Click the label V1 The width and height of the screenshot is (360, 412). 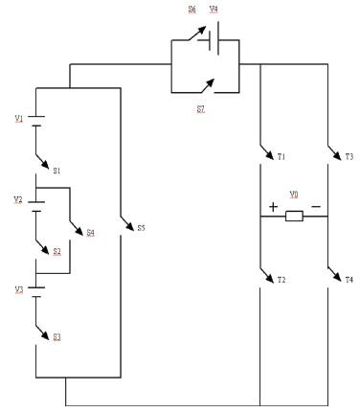click(19, 118)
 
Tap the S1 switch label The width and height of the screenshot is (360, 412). click(56, 171)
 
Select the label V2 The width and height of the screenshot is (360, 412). click(18, 199)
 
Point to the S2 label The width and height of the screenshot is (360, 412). click(56, 251)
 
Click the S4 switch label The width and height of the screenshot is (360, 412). click(90, 232)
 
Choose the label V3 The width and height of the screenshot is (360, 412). click(18, 288)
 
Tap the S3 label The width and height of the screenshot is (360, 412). click(56, 336)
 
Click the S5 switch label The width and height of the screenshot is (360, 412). click(141, 228)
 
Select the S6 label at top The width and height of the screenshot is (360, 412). click(191, 9)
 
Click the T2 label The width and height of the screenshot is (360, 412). click(281, 279)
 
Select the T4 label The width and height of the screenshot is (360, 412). click(349, 279)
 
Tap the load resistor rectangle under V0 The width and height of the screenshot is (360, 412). click(294, 217)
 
